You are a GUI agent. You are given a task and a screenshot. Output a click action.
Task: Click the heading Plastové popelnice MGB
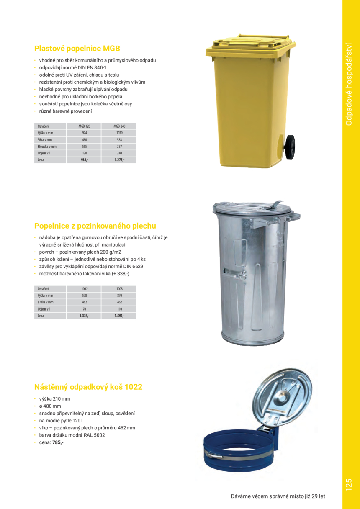click(x=77, y=49)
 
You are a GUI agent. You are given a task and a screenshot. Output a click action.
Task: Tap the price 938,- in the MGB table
click(x=84, y=160)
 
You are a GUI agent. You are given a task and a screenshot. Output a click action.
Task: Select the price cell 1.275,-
click(x=119, y=160)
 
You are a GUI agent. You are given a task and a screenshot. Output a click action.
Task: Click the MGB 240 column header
click(x=119, y=126)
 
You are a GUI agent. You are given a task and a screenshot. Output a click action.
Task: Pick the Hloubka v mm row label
click(x=47, y=147)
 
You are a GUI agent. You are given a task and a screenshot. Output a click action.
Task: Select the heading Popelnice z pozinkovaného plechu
click(x=95, y=226)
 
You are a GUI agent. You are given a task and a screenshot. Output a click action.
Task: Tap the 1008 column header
click(x=119, y=289)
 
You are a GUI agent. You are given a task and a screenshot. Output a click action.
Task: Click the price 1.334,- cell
click(x=84, y=316)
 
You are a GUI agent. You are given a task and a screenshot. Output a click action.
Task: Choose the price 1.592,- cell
click(x=119, y=316)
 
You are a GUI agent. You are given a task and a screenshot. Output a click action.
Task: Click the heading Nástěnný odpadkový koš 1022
click(x=88, y=387)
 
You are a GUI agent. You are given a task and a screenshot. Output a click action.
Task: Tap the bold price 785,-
click(x=58, y=442)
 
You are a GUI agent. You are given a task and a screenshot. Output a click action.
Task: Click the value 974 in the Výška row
click(x=84, y=133)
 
